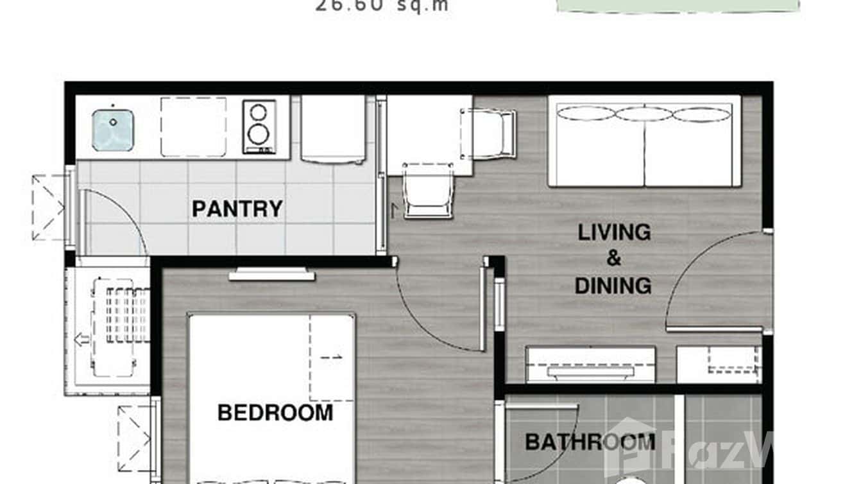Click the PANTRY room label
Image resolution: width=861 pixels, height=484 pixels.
click(x=237, y=209)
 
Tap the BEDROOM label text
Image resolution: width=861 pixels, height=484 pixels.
click(x=275, y=413)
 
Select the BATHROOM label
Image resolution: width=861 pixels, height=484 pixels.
click(x=590, y=442)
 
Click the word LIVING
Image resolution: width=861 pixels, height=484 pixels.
click(x=614, y=232)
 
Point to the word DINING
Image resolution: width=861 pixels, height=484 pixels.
click(x=613, y=286)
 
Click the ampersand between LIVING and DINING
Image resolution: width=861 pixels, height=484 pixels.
click(x=614, y=259)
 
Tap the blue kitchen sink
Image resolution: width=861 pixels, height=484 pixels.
click(x=112, y=130)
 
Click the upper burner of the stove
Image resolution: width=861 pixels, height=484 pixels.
click(x=259, y=113)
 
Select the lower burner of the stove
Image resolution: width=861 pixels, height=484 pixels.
click(x=259, y=135)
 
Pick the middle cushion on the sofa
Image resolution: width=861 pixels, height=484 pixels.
click(x=644, y=114)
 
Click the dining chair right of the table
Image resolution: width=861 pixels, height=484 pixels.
click(x=491, y=134)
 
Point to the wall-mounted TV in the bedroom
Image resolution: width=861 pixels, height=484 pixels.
click(x=272, y=275)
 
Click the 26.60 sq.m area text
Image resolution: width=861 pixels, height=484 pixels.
click(x=382, y=6)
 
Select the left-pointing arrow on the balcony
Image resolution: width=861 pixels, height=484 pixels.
click(x=82, y=339)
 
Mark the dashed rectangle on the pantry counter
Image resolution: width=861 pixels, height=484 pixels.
click(x=193, y=126)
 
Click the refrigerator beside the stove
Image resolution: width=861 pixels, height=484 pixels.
click(x=333, y=128)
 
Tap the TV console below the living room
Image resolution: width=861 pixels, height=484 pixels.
click(x=590, y=365)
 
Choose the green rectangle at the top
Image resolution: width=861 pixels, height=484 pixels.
click(x=678, y=6)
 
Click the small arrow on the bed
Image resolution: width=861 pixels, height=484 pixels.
click(x=332, y=357)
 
